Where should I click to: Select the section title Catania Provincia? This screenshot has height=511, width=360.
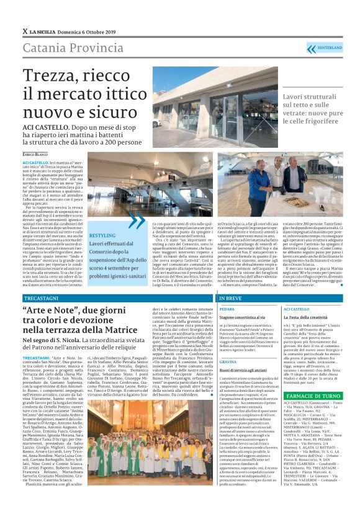[x=64, y=48]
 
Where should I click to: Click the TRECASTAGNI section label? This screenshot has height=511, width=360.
[x=42, y=298]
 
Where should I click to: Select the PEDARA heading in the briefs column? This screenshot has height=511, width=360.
[x=227, y=309]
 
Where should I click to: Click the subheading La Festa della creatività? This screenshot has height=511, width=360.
[x=305, y=317]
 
